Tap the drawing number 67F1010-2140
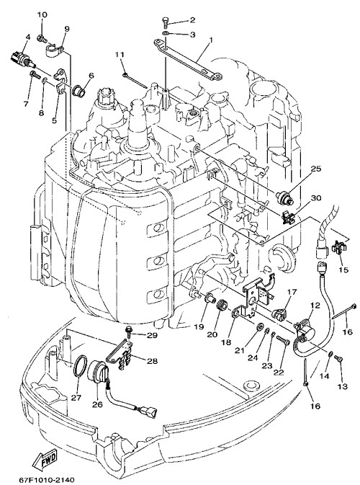coord(47,480)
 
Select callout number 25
coord(316,169)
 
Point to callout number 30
coord(316,198)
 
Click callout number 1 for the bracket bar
coord(212,40)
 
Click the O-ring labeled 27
coord(80,366)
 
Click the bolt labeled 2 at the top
coord(165,22)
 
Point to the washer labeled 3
coord(166,34)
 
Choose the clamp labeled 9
coord(55,50)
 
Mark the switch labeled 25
coord(284,197)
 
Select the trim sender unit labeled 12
coord(305,330)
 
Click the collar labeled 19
coord(209,299)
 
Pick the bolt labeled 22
coord(283,341)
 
